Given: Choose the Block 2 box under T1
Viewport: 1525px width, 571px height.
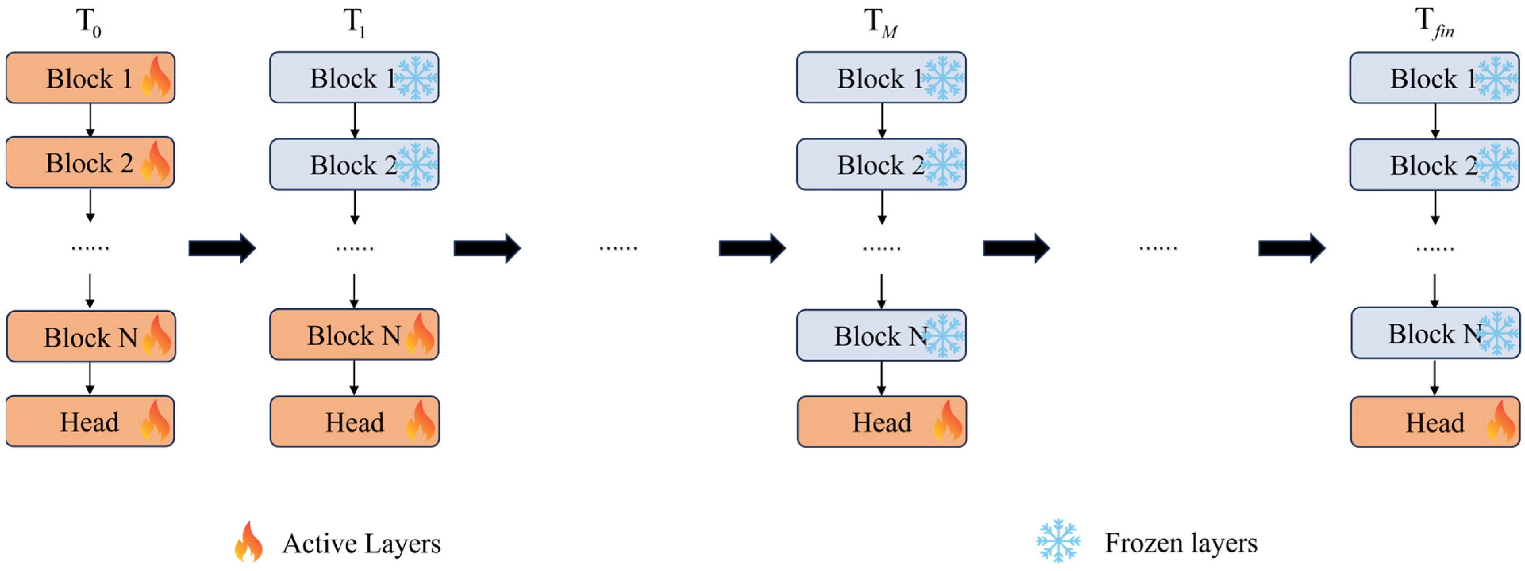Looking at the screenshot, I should pyautogui.click(x=354, y=165).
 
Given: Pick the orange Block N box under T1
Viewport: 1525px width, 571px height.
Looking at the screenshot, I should pyautogui.click(x=354, y=335).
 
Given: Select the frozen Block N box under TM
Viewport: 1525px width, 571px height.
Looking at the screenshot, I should pyautogui.click(x=881, y=335).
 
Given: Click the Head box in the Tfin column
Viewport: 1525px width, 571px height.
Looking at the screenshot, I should pyautogui.click(x=1435, y=422).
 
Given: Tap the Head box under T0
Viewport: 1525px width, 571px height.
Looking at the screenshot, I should pyautogui.click(x=90, y=421).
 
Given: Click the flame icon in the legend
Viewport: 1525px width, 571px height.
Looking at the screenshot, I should pyautogui.click(x=249, y=542).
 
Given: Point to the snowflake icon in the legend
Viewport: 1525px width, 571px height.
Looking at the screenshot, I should pyautogui.click(x=1058, y=541).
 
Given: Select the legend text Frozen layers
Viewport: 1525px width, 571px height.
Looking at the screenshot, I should pyautogui.click(x=1181, y=542).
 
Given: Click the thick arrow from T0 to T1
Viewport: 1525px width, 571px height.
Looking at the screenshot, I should pyautogui.click(x=222, y=248).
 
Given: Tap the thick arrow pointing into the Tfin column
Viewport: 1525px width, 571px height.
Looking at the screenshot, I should pyautogui.click(x=1291, y=248).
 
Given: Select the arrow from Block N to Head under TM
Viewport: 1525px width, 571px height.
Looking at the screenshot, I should pyautogui.click(x=881, y=378).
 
